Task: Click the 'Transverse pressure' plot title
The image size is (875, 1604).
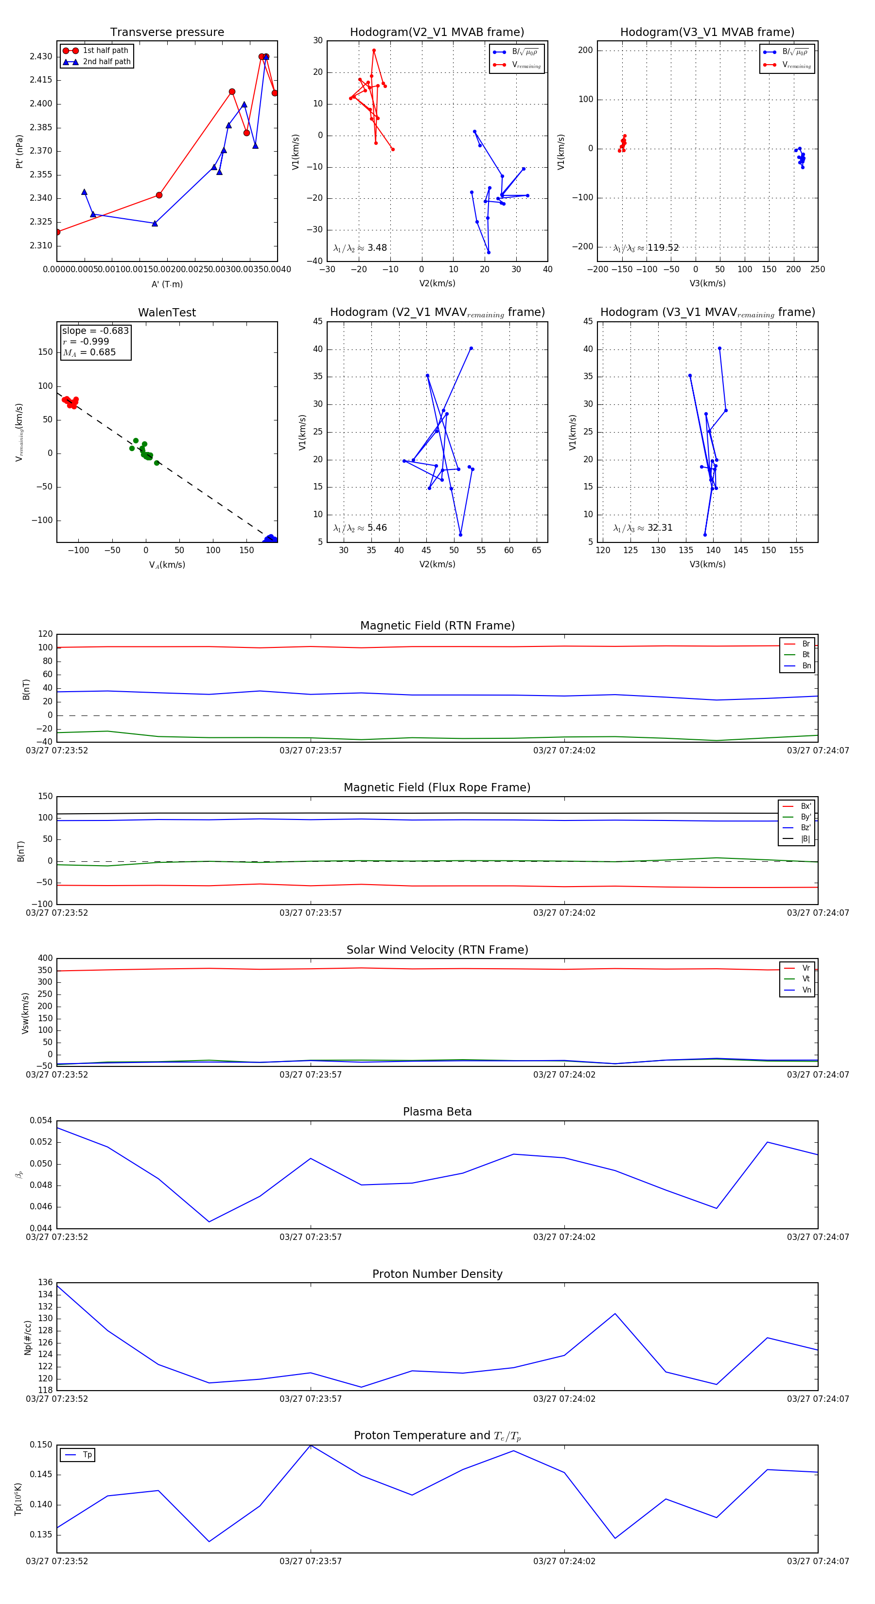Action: point(167,33)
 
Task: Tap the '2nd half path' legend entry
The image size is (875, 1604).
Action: point(106,62)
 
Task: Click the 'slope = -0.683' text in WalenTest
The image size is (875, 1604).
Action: point(95,331)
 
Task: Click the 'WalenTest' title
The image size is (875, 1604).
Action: point(167,313)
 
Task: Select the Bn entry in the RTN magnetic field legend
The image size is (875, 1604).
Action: point(806,665)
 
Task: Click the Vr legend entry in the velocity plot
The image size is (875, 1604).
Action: point(806,968)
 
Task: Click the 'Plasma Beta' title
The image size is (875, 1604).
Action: point(437,1112)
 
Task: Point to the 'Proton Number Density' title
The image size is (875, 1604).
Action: point(437,1274)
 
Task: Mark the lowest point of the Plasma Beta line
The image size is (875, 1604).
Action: point(209,1221)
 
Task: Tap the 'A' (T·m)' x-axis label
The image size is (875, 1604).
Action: point(167,284)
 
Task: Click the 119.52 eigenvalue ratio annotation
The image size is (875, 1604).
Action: point(663,248)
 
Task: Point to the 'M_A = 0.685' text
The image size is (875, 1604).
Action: point(89,352)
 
